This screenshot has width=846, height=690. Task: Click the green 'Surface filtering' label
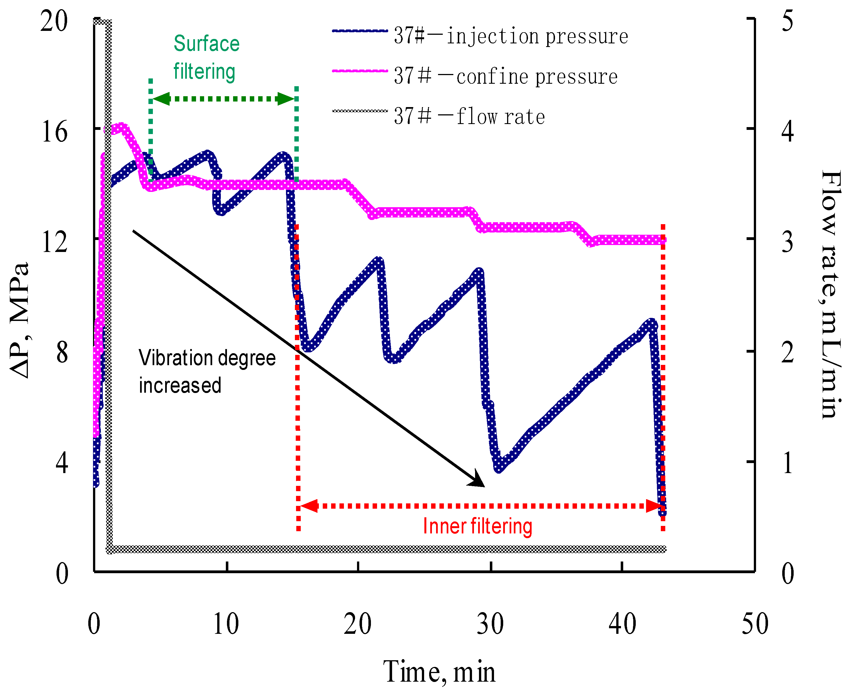206,58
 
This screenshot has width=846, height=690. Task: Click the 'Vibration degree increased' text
207,372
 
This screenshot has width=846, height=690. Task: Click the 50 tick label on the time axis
754,624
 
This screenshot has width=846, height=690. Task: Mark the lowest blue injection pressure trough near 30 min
499,468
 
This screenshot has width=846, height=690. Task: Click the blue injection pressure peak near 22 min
378,261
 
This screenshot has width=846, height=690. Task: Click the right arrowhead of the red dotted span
655,506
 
